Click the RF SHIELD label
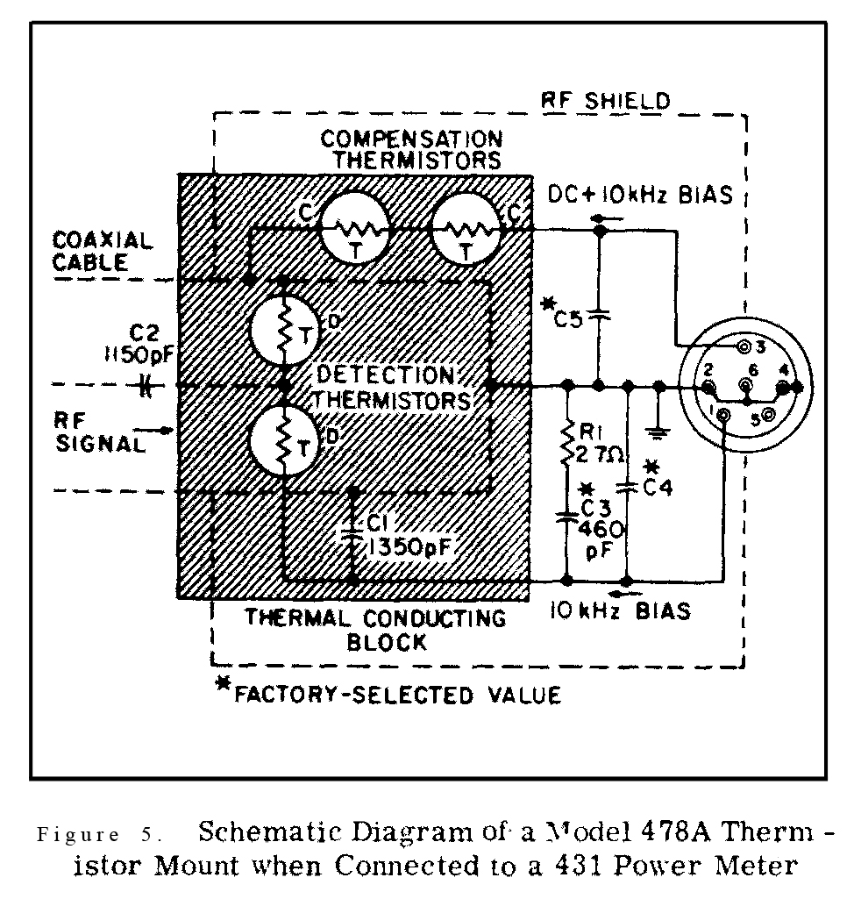pos(607,100)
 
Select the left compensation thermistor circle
pos(353,229)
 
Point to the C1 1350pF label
pos(403,535)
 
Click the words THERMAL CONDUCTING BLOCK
pos(374,630)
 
